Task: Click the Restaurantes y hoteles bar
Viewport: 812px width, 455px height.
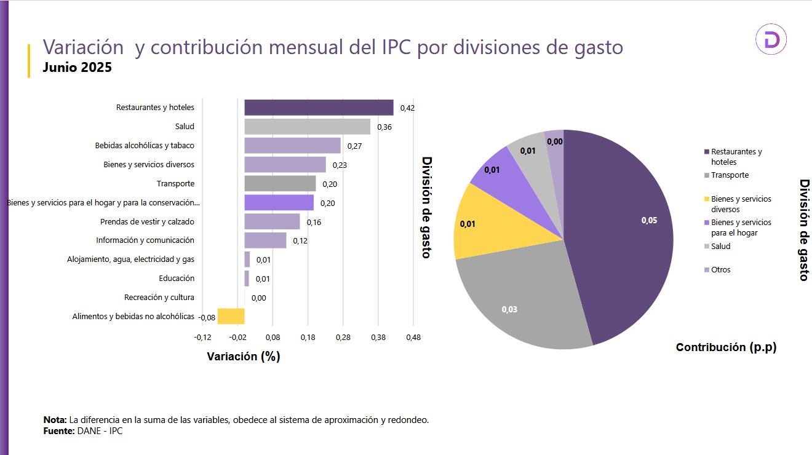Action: (319, 108)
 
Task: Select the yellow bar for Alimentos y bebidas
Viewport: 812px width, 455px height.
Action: (231, 316)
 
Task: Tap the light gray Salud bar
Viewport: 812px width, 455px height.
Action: (307, 127)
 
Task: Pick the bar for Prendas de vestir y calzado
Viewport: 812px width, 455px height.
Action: (272, 221)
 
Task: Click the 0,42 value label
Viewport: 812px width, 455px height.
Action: (407, 108)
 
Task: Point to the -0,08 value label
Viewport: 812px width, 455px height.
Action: (207, 317)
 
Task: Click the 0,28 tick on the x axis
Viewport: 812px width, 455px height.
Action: (343, 338)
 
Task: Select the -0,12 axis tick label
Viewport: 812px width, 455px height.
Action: (202, 338)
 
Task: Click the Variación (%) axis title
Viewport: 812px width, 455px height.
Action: (244, 357)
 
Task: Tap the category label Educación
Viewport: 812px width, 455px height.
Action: (176, 279)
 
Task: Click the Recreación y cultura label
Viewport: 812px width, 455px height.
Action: (159, 298)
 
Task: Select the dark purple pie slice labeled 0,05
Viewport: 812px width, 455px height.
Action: (621, 234)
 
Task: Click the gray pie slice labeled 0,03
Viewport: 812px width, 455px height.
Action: (523, 301)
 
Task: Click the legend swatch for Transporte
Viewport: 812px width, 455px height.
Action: (707, 175)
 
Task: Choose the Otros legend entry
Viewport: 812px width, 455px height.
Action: (720, 270)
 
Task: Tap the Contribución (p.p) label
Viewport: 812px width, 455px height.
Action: (726, 347)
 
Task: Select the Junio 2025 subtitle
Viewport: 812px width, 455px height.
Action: (77, 68)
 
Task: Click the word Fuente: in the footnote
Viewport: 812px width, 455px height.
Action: (58, 431)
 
